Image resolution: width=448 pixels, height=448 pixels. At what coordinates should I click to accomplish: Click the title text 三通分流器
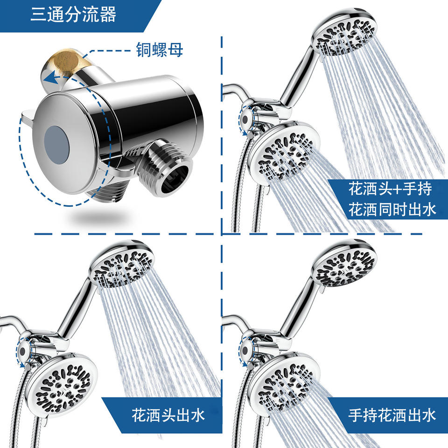point(73,14)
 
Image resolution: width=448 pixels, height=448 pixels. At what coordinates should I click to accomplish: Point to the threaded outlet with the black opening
point(171,172)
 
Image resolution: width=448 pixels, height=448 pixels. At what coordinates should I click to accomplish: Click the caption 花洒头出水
point(168,415)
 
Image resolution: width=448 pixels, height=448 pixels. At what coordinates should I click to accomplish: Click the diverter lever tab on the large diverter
point(27,115)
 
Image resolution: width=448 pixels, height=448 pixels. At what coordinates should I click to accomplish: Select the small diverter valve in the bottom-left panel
point(22,349)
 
